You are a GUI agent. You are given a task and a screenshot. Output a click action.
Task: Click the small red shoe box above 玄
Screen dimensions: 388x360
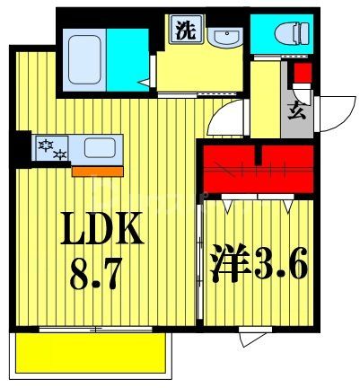(302, 73)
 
